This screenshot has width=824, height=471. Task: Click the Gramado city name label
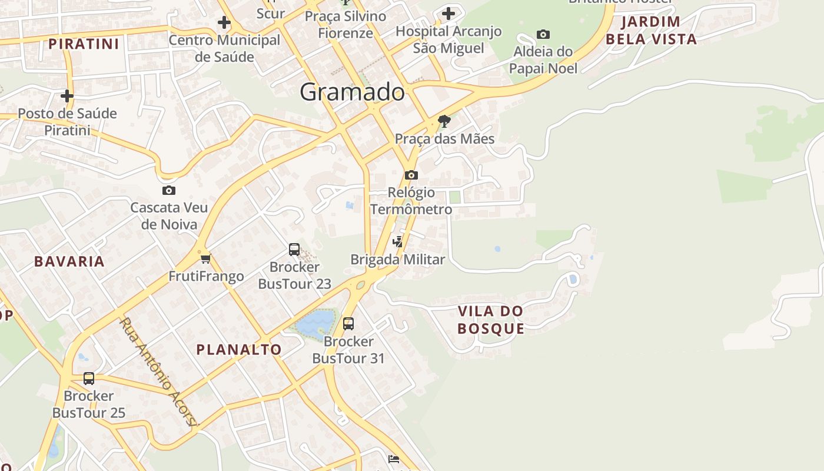[x=352, y=92]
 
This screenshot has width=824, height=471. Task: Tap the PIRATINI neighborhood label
[x=84, y=44]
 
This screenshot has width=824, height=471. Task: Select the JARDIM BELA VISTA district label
[x=651, y=31]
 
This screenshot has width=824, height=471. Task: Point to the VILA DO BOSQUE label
[x=491, y=320]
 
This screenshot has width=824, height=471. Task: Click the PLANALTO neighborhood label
[x=239, y=349]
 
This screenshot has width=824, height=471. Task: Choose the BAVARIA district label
[x=69, y=261]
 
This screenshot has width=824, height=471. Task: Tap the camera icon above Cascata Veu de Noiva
[x=169, y=190]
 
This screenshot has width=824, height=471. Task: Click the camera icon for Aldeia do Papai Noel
[x=543, y=34]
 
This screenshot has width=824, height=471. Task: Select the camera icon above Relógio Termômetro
[x=411, y=175]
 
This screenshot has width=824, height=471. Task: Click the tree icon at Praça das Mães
[x=444, y=122]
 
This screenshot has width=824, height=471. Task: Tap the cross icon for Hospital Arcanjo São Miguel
[x=448, y=13]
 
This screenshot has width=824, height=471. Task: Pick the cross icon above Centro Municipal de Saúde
[x=224, y=23]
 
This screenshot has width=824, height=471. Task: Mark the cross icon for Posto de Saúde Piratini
[x=67, y=95]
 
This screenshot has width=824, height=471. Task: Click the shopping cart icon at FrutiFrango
[x=206, y=258]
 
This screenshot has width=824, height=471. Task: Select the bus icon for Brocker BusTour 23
[x=294, y=250]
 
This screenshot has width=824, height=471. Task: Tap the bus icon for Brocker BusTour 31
[x=348, y=323]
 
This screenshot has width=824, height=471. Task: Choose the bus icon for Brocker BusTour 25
[x=89, y=379]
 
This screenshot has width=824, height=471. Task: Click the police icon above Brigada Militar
[x=398, y=241]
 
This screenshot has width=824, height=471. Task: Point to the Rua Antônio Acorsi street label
[x=159, y=372]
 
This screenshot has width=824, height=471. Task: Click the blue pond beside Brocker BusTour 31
[x=315, y=323]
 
